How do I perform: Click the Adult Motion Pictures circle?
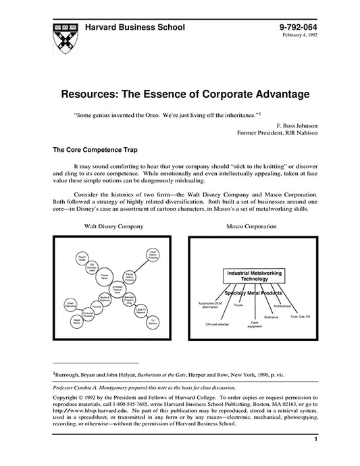(x=152, y=256)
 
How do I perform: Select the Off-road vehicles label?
(x=217, y=325)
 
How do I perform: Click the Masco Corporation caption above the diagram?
(x=251, y=226)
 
